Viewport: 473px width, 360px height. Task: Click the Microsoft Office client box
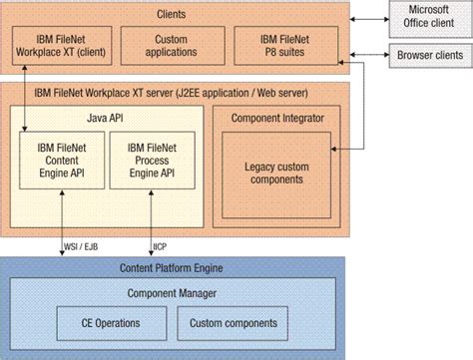pyautogui.click(x=428, y=17)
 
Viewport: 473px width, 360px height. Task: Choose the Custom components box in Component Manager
pyautogui.click(x=236, y=324)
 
